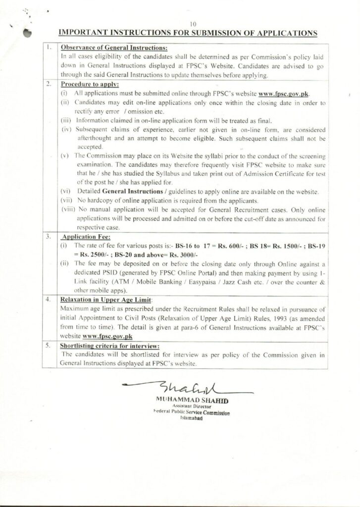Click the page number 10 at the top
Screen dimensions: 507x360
click(193, 24)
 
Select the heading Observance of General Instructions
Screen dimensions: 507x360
click(114, 48)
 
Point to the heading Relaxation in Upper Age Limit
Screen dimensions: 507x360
click(107, 300)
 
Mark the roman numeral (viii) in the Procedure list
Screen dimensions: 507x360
click(67, 209)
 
